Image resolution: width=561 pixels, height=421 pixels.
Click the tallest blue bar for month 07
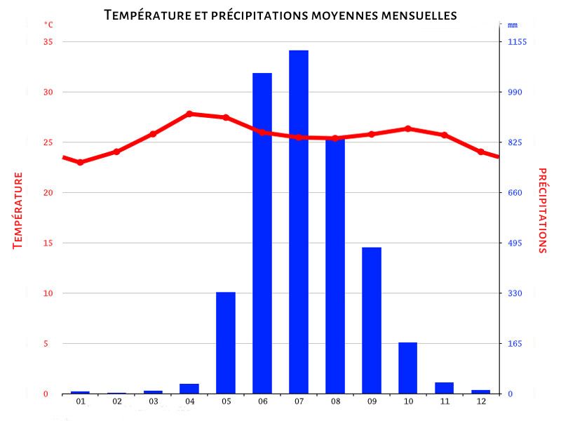tap(299, 222)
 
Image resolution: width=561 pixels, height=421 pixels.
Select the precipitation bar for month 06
tap(262, 233)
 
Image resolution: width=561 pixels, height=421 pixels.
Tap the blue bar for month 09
tap(372, 320)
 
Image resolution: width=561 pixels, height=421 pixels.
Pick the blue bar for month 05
tap(226, 342)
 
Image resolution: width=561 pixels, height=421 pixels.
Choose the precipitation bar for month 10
tap(408, 368)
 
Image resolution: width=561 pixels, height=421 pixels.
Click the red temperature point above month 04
tap(189, 114)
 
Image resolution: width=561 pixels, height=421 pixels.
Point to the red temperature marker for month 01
tap(80, 162)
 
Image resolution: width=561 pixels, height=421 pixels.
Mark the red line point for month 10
tap(408, 128)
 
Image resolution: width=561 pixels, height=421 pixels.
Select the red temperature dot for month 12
tap(481, 152)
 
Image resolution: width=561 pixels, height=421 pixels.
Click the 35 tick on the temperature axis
tap(48, 42)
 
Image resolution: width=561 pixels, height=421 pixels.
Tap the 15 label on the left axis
tap(48, 243)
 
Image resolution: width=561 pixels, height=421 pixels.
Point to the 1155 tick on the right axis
tap(517, 42)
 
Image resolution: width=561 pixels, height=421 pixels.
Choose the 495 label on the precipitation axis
tap(515, 243)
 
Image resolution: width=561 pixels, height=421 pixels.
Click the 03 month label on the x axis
tap(153, 401)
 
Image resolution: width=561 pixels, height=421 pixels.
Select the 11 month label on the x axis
tap(445, 401)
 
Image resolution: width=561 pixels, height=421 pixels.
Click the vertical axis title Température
tap(18, 210)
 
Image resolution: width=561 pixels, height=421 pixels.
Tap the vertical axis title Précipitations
tap(542, 210)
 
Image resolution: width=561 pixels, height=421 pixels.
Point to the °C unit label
tap(48, 25)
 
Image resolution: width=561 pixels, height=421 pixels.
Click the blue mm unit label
tap(513, 25)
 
